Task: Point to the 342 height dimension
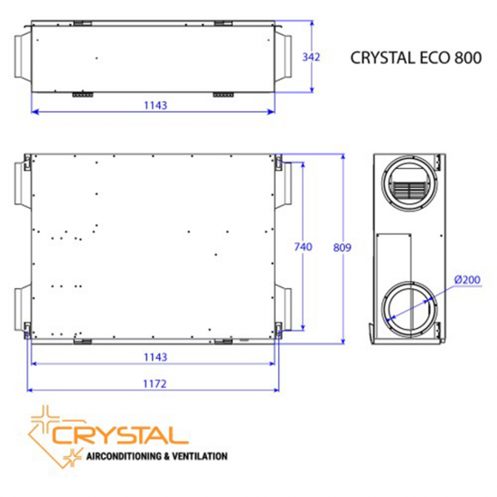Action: point(311,57)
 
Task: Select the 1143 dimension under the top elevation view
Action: point(155,106)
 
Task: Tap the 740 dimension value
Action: point(303,248)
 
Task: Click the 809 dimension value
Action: point(342,248)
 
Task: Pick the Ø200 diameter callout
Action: point(469,279)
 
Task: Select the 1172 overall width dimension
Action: point(155,384)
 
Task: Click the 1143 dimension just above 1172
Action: point(155,357)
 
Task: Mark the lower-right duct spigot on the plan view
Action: point(285,306)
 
